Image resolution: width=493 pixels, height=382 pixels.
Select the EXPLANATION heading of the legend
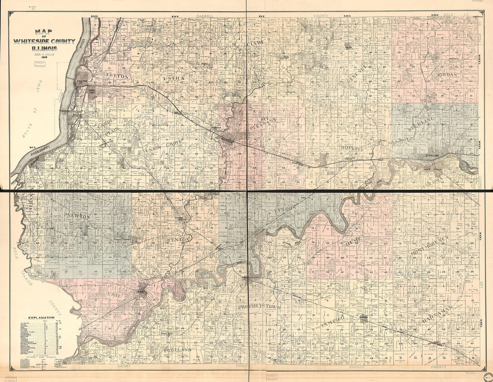click(x=41, y=318)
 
